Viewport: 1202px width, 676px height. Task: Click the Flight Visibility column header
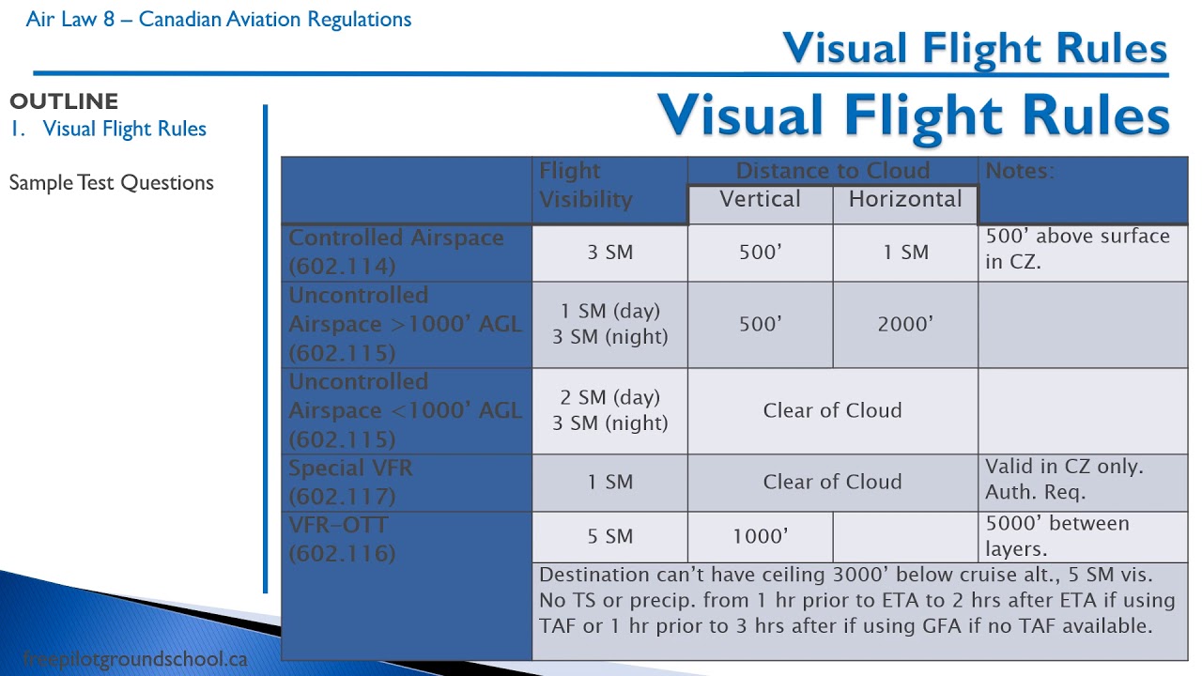[x=586, y=186]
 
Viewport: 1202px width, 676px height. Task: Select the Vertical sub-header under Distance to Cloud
[x=760, y=200]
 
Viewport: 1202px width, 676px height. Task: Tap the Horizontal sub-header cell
[x=905, y=200]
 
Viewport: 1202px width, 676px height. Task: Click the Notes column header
[x=1020, y=171]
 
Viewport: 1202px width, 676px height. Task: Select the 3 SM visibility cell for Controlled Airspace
[x=609, y=253]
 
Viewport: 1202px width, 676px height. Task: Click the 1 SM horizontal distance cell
[x=905, y=253]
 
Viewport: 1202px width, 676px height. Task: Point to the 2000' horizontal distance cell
[x=905, y=324]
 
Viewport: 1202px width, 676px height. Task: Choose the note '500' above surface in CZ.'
[x=1077, y=249]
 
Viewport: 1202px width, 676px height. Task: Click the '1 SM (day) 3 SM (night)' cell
[x=609, y=324]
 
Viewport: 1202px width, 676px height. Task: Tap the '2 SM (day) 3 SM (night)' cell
[x=609, y=410]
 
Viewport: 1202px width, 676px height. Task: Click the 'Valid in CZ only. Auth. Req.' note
[x=1063, y=479]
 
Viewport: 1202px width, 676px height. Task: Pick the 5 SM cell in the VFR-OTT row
[x=609, y=537]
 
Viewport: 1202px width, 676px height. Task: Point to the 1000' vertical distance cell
[x=760, y=537]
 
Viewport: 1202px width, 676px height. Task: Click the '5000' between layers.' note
[x=1057, y=536]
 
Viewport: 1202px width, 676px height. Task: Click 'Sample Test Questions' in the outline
[x=112, y=183]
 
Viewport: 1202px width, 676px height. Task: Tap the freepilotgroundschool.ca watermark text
[x=134, y=659]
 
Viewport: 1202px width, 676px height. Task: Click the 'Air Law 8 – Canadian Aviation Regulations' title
[x=219, y=20]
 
